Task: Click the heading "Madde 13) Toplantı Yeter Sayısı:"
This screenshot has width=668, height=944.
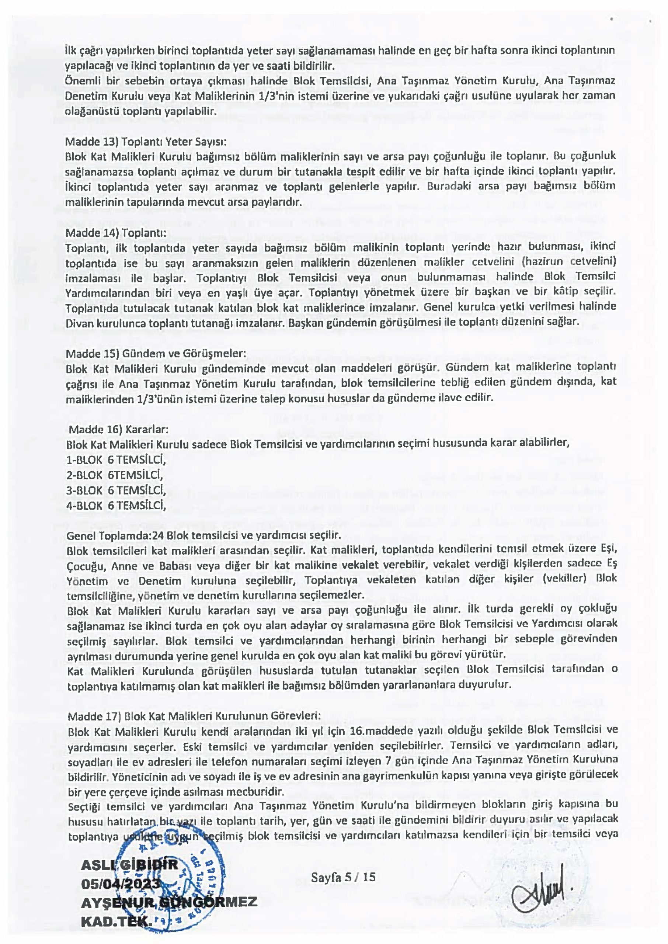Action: [146, 142]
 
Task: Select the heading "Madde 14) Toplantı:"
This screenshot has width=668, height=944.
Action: [116, 233]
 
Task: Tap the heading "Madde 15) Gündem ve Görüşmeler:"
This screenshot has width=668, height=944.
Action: [156, 353]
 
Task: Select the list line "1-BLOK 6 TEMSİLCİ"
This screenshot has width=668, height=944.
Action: [116, 459]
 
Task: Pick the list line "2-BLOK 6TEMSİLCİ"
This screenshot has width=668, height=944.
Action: [115, 475]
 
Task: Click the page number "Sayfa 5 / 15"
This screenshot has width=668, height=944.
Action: [343, 877]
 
